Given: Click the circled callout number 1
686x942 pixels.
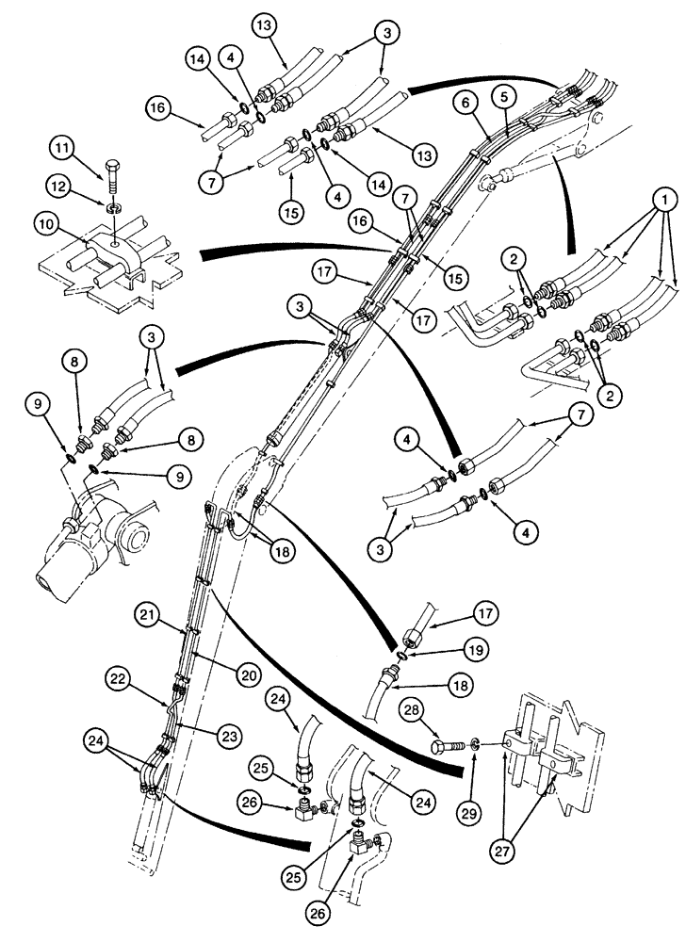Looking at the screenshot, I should coord(666,200).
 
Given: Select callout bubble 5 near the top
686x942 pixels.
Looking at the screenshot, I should coord(506,96).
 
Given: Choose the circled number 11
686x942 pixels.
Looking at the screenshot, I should coord(62,148).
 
